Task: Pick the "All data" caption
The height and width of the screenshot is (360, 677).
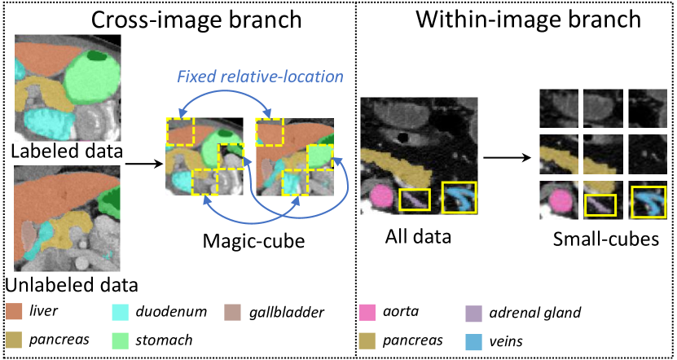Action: pos(418,237)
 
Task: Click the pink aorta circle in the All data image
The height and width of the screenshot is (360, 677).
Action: pos(382,196)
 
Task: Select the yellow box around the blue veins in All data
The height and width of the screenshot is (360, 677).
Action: pos(459,196)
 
